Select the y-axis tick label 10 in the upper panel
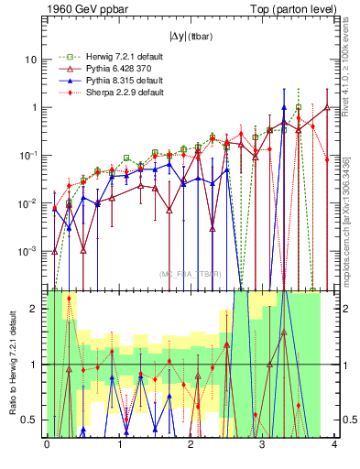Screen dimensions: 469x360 (x=33, y=60)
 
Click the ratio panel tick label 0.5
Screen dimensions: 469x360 (x=32, y=420)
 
